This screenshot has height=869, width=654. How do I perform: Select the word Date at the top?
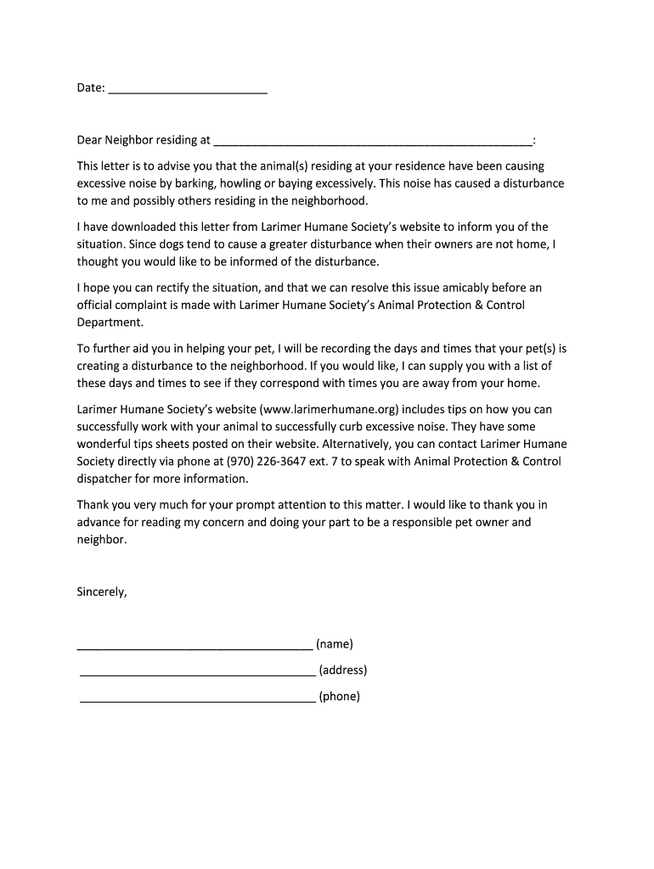[90, 87]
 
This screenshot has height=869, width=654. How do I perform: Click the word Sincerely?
[102, 592]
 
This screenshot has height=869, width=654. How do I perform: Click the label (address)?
[343, 670]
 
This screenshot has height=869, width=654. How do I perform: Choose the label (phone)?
[340, 697]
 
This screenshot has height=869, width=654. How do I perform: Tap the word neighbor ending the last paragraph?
[101, 540]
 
